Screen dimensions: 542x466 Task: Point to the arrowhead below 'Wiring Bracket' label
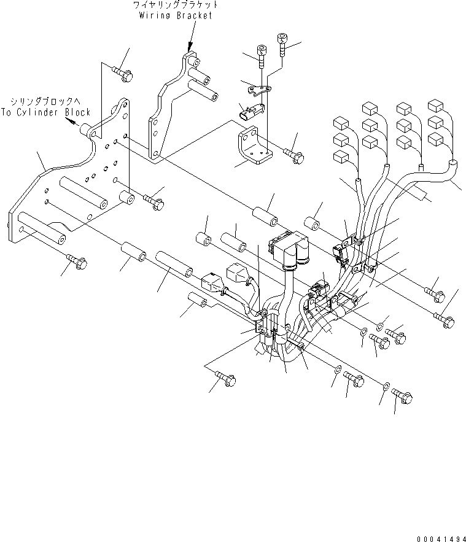190,46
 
